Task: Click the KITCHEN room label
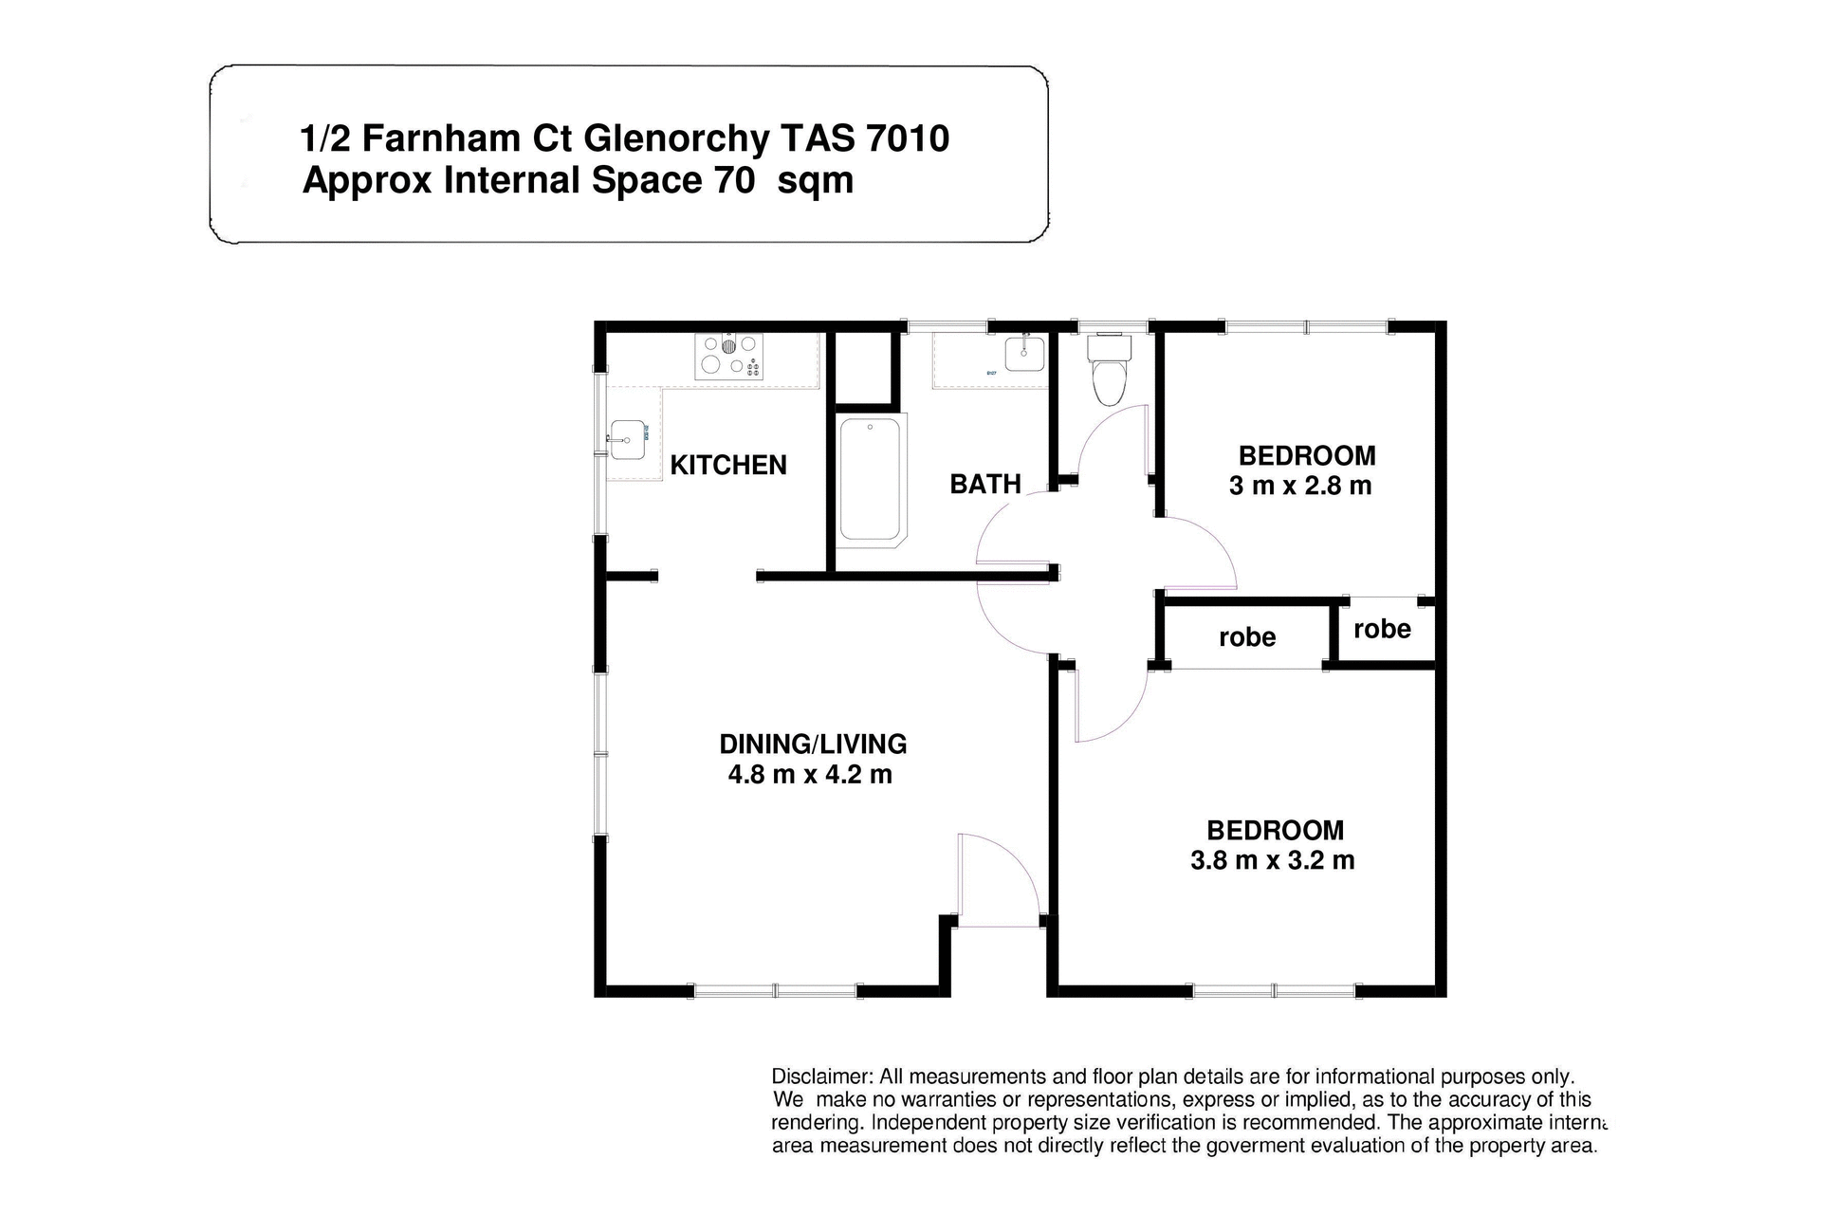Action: click(x=727, y=465)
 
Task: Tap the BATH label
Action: click(x=984, y=485)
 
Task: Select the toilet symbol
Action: click(x=1109, y=371)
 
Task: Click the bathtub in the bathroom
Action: click(x=870, y=480)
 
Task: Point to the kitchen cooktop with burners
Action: click(x=728, y=357)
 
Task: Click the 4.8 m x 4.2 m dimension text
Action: click(x=809, y=775)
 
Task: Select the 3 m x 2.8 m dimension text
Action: click(x=1299, y=487)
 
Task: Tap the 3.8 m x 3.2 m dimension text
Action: click(x=1272, y=861)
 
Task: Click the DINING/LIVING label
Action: click(x=813, y=744)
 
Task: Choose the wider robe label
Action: click(x=1246, y=637)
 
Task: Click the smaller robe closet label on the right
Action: click(x=1382, y=629)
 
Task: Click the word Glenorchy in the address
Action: click(x=676, y=138)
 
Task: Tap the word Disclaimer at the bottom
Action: click(x=821, y=1076)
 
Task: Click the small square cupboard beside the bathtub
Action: click(x=863, y=368)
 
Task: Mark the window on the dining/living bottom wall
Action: click(x=775, y=991)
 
